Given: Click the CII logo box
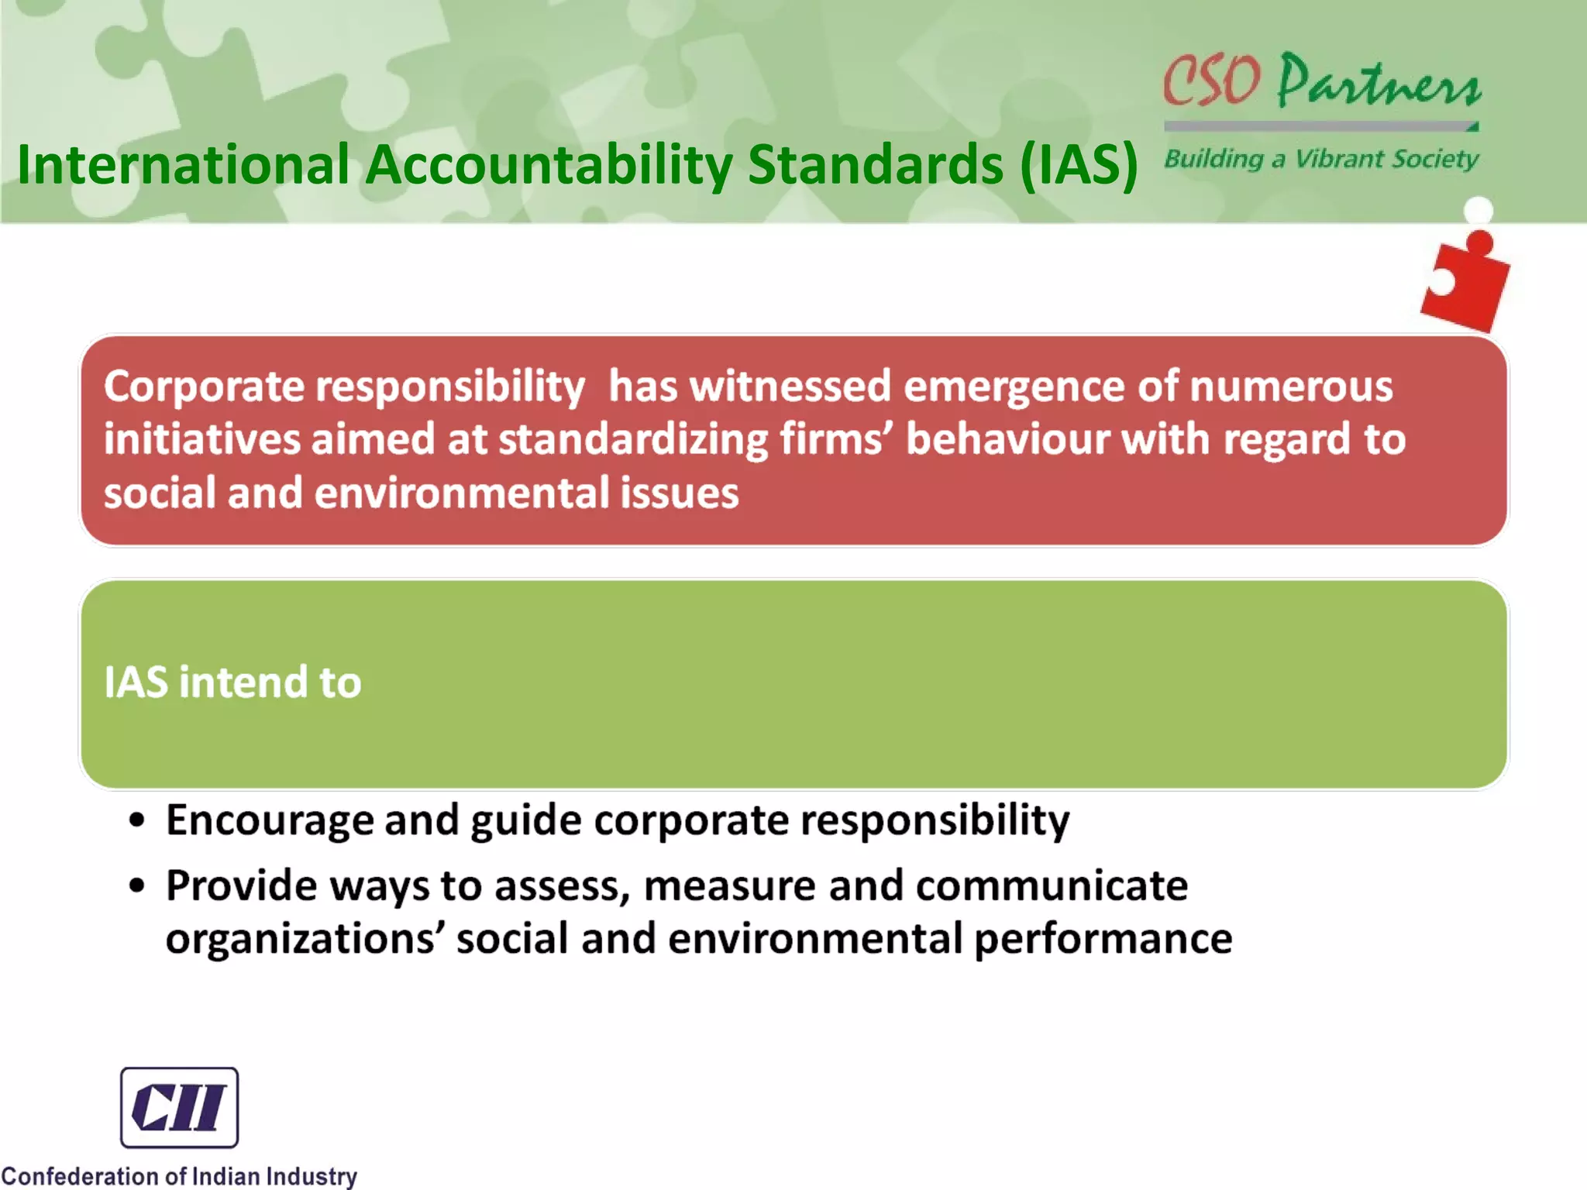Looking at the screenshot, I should click(x=179, y=1107).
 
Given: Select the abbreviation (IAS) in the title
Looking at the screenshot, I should click(x=1079, y=164).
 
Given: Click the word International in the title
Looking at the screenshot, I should click(x=184, y=164).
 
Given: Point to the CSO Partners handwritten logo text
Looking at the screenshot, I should click(x=1322, y=81).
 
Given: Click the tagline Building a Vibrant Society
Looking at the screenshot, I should click(x=1321, y=159).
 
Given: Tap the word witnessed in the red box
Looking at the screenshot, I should click(x=790, y=386).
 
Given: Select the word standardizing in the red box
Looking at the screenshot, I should click(x=633, y=439).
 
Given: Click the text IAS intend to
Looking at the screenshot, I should click(x=232, y=682).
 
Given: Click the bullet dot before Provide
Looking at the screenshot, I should click(x=137, y=886).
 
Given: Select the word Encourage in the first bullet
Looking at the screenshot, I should click(x=270, y=820).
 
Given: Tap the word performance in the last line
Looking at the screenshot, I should click(x=1103, y=938).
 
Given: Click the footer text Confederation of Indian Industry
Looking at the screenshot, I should click(x=179, y=1175).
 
